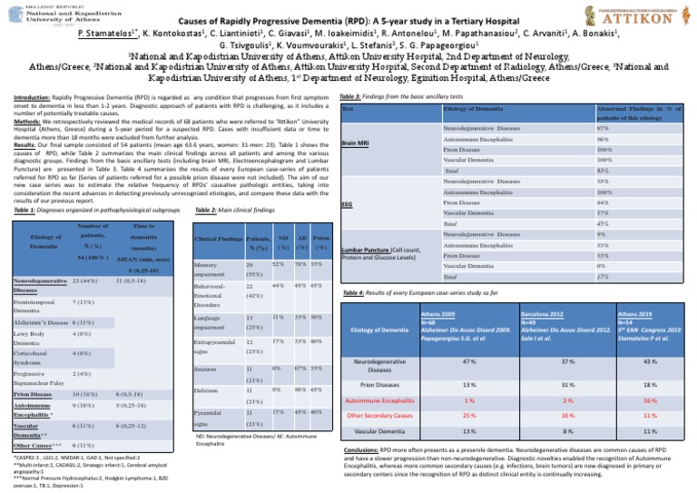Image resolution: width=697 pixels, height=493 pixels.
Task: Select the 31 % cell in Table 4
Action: (542, 383)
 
